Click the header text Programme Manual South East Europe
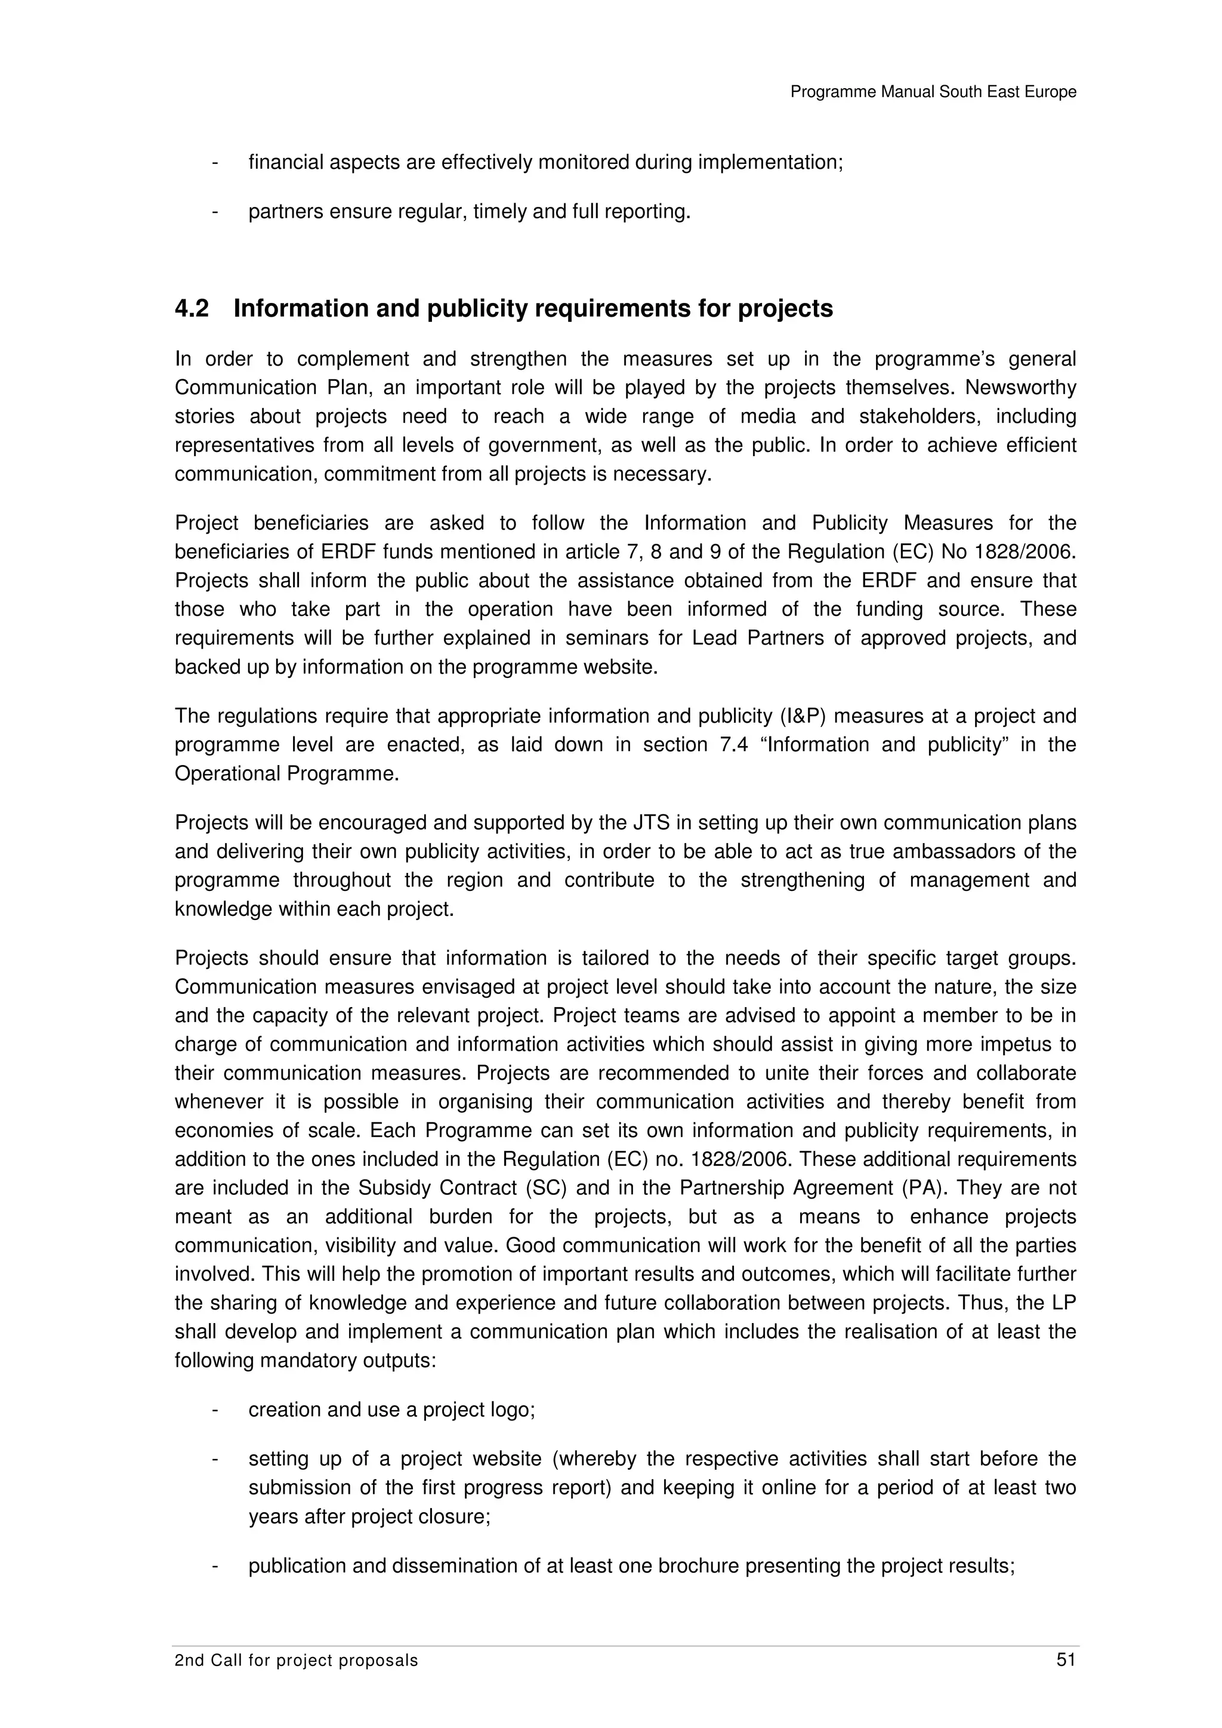933,92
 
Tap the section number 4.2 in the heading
192,309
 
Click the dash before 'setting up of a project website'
215,1458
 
